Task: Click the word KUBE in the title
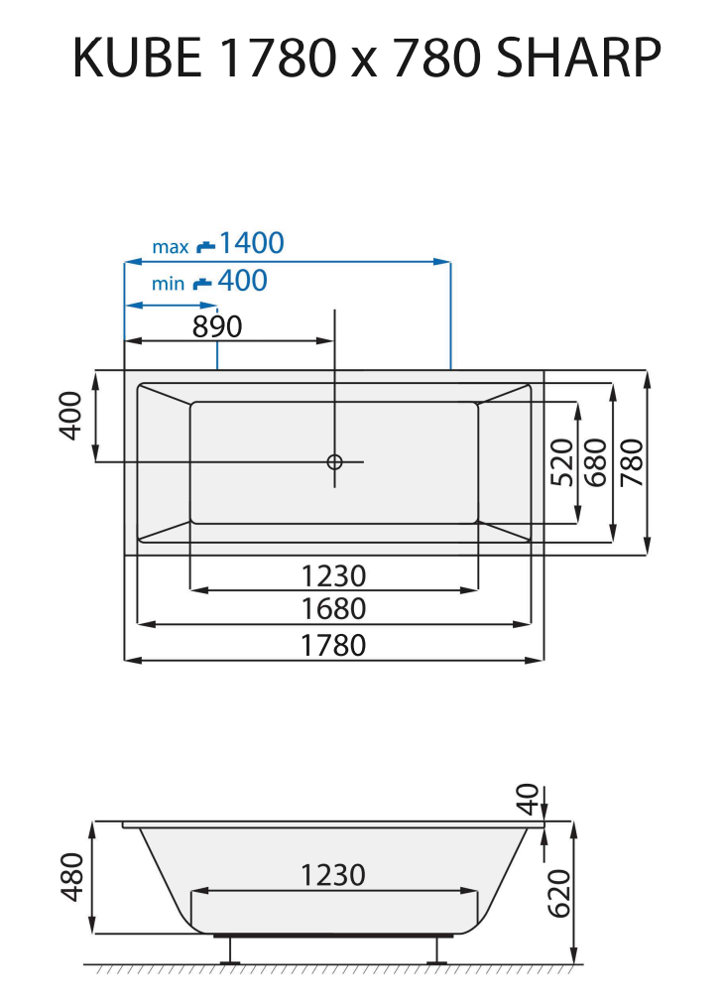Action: (x=138, y=60)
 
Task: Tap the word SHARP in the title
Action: (x=577, y=60)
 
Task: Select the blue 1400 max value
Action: (x=251, y=243)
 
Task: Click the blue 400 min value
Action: (x=242, y=282)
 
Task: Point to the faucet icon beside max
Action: (x=205, y=245)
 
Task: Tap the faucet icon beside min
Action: (x=202, y=283)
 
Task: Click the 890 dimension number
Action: (x=217, y=326)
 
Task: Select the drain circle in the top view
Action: (x=335, y=461)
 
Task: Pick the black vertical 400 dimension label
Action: (x=69, y=416)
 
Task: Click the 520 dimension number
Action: (x=562, y=461)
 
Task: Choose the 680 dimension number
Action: (x=597, y=461)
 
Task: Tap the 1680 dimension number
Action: (x=334, y=609)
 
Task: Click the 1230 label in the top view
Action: (x=334, y=575)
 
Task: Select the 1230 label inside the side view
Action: (x=334, y=875)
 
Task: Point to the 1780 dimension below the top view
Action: (x=334, y=645)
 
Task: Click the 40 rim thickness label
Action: (x=528, y=796)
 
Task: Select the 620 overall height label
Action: (x=559, y=893)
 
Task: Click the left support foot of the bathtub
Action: (x=232, y=949)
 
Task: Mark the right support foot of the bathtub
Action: (x=433, y=949)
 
